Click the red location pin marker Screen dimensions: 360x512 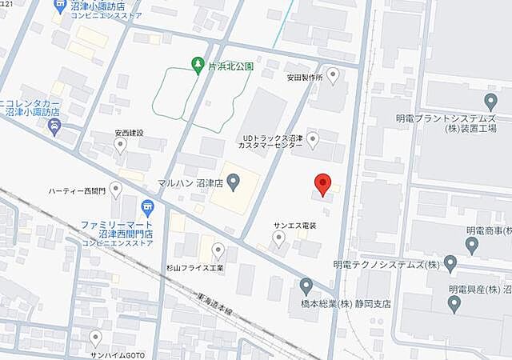pos(322,183)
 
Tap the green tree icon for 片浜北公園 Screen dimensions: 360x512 pos(198,65)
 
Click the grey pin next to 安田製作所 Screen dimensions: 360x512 pos(333,74)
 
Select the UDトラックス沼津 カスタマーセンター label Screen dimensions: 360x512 pos(273,142)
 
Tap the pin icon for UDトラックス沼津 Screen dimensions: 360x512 pos(313,140)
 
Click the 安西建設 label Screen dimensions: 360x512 pos(128,132)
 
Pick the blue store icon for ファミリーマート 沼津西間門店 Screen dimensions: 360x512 pos(146,207)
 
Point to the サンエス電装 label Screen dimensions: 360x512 pos(295,226)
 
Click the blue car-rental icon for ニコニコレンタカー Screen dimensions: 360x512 pos(54,126)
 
